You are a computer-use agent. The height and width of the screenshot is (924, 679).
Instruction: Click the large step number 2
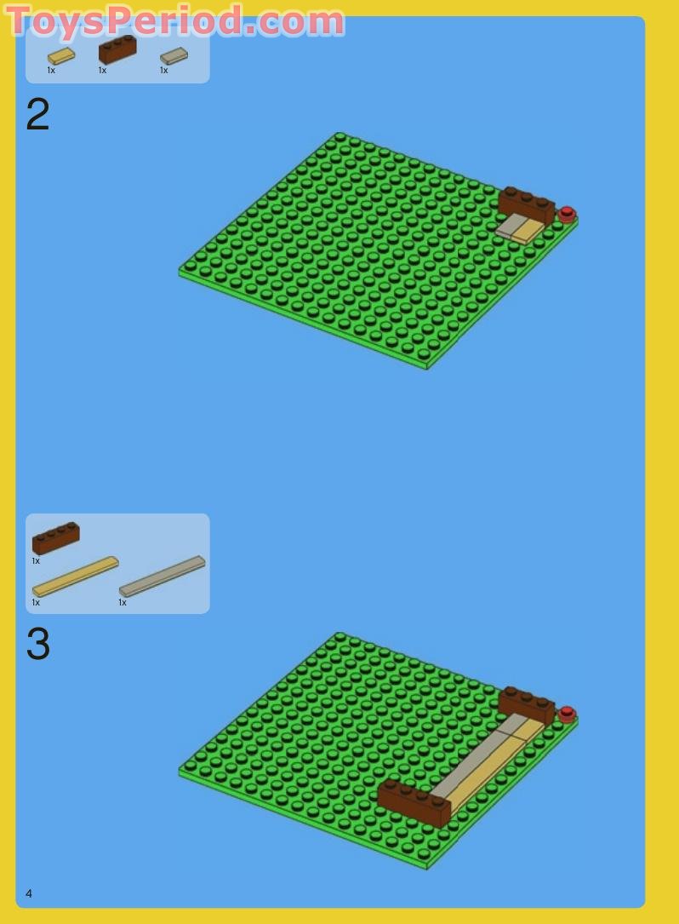[37, 115]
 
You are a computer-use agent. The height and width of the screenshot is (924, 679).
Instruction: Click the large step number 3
[37, 645]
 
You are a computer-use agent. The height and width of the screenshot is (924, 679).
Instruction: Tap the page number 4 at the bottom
[29, 893]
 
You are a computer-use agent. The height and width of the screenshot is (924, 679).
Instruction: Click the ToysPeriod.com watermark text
[175, 20]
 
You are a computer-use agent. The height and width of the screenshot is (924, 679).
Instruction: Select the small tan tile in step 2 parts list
[61, 56]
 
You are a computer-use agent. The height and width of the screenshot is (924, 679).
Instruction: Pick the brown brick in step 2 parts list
[117, 49]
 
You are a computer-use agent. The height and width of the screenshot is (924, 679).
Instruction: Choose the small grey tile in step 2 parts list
[174, 56]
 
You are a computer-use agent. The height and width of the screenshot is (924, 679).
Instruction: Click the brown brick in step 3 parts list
[56, 538]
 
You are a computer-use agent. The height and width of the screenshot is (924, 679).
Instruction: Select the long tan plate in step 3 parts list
[75, 577]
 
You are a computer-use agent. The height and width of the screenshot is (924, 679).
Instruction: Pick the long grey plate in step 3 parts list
[162, 577]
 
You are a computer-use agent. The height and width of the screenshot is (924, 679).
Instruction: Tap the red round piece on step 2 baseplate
[567, 214]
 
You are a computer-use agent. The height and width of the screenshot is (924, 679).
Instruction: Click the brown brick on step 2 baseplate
[526, 205]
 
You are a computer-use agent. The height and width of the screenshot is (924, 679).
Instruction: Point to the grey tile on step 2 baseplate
[511, 225]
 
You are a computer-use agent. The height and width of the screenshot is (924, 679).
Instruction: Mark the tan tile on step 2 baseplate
[529, 230]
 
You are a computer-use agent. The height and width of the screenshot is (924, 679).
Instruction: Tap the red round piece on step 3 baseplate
[567, 714]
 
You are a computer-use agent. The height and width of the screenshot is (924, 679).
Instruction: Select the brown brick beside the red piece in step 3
[526, 705]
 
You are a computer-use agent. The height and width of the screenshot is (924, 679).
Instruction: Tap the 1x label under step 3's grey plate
[123, 602]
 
